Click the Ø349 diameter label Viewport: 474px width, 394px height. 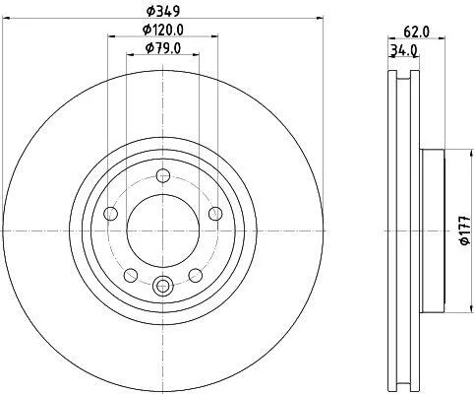[163, 12]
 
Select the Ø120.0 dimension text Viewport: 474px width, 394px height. [163, 30]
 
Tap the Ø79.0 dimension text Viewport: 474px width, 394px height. [163, 48]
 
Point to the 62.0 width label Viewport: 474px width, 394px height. [416, 32]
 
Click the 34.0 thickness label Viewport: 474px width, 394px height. [403, 50]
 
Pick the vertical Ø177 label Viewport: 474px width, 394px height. [465, 230]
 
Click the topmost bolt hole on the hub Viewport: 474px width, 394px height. [163, 175]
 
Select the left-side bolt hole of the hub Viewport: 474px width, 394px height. [110, 214]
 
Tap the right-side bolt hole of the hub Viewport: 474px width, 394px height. [215, 214]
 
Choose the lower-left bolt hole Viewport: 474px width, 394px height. [131, 275]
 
